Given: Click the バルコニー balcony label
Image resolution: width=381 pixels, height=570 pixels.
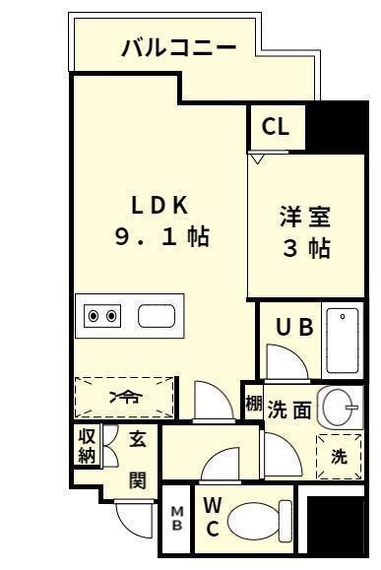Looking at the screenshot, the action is [x=179, y=48].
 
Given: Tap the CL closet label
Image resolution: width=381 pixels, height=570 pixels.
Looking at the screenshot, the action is [x=276, y=127].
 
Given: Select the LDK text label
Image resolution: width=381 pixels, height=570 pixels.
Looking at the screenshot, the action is [x=159, y=206].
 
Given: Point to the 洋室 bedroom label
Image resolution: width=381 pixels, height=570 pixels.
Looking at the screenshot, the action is [x=305, y=217].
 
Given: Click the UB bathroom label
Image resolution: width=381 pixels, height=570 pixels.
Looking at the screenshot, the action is [x=294, y=327].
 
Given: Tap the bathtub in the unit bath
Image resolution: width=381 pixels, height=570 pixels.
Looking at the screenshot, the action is [x=343, y=341].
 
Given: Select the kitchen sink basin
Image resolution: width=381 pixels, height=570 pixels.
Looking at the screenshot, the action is [x=157, y=316].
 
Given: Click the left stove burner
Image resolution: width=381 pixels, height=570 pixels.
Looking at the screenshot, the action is [x=94, y=316].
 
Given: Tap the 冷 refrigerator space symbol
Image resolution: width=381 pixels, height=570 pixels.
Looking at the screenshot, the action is [x=125, y=398].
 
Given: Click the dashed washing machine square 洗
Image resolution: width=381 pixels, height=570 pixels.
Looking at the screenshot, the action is [x=339, y=457].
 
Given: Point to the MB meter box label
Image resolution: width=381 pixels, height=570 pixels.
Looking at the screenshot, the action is [x=177, y=519].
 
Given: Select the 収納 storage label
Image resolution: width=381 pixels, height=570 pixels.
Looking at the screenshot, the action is [x=87, y=446].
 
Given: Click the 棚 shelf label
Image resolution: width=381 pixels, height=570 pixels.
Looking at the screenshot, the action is [x=253, y=404].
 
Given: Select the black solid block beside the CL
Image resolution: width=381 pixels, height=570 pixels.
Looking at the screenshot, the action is [x=336, y=128].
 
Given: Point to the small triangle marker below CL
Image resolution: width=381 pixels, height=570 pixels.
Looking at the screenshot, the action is [x=257, y=158].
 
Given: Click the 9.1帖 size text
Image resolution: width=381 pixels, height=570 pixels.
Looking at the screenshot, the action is [x=162, y=237].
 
